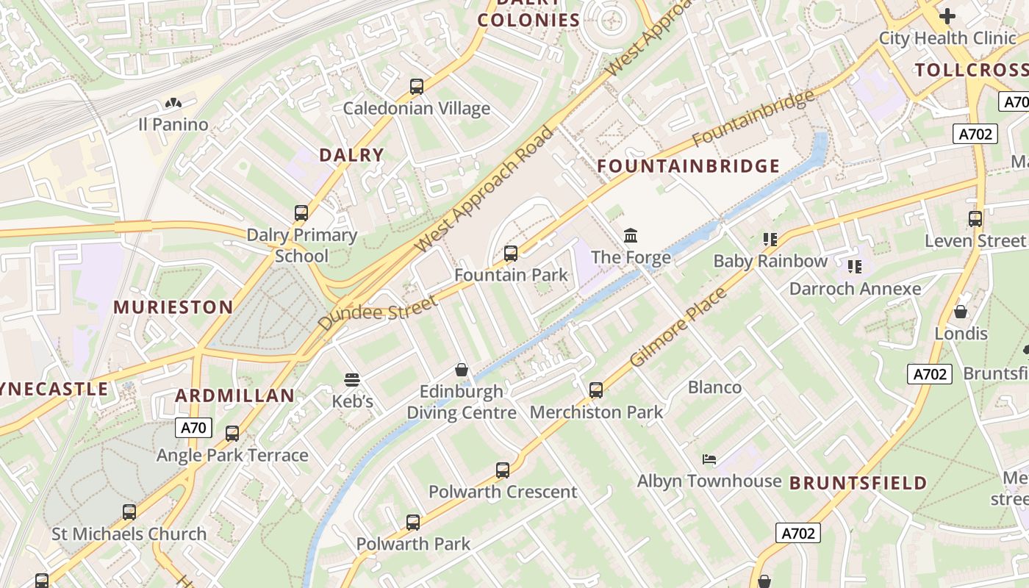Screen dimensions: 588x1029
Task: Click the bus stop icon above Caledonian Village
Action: pyautogui.click(x=417, y=87)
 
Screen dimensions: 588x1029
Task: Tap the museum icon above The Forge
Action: pyautogui.click(x=631, y=235)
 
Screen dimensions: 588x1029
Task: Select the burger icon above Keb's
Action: pyautogui.click(x=352, y=380)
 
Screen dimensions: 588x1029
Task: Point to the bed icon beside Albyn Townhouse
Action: pyautogui.click(x=709, y=459)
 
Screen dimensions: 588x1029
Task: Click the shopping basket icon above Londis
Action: pyautogui.click(x=961, y=312)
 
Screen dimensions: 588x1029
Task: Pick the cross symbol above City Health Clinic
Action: pyautogui.click(x=947, y=15)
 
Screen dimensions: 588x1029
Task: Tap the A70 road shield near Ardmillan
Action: pyautogui.click(x=194, y=428)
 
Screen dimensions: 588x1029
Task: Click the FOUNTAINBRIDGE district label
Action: pyautogui.click(x=688, y=166)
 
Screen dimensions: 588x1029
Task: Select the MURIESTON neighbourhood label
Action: pyautogui.click(x=173, y=307)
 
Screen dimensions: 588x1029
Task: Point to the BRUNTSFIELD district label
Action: pyautogui.click(x=858, y=483)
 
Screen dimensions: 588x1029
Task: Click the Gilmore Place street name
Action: pyautogui.click(x=679, y=328)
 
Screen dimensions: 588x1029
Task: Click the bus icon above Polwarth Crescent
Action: pyautogui.click(x=503, y=470)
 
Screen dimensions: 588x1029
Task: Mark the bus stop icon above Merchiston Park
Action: pyautogui.click(x=596, y=390)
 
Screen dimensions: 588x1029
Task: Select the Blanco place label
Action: pyautogui.click(x=714, y=387)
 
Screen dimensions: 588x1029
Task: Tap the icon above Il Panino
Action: pyautogui.click(x=173, y=104)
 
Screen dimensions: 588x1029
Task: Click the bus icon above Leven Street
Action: pyautogui.click(x=975, y=219)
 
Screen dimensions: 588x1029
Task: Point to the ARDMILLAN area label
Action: pyautogui.click(x=234, y=395)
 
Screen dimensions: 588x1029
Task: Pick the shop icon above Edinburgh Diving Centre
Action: pyautogui.click(x=462, y=369)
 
